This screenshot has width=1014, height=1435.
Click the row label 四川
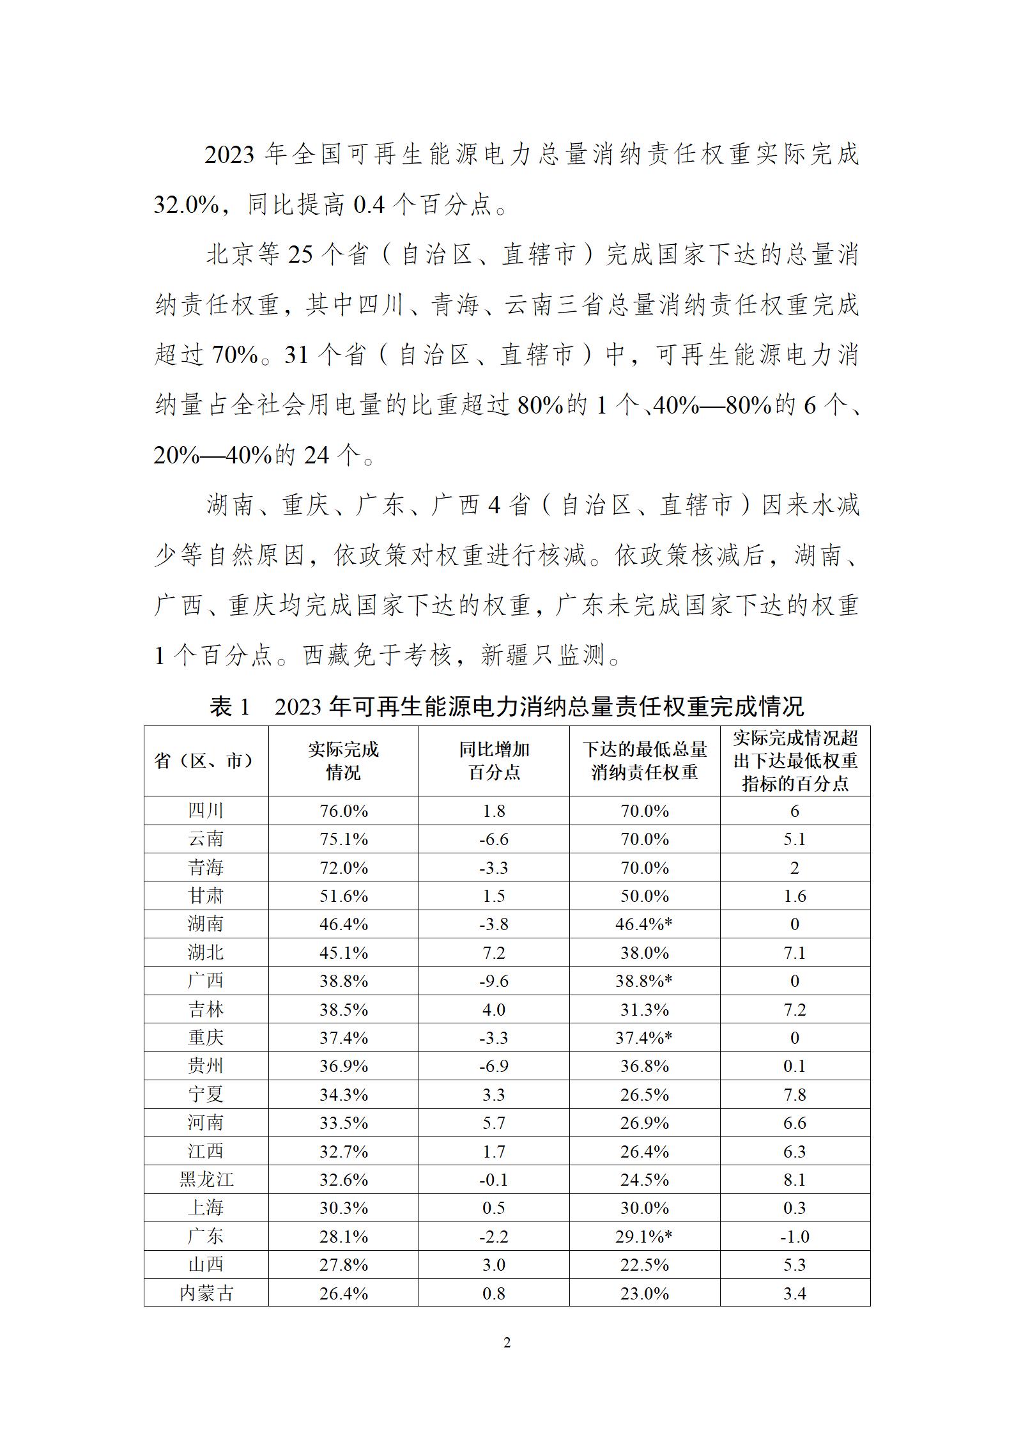pos(206,811)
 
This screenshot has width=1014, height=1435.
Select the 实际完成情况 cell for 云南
pos(344,839)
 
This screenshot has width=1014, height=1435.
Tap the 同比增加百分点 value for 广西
pos(494,981)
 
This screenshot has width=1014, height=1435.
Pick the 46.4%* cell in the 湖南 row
pos(644,924)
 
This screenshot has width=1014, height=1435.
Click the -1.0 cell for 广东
pos(794,1236)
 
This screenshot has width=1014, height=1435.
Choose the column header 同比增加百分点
pos(494,761)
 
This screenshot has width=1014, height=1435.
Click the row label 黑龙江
pos(206,1179)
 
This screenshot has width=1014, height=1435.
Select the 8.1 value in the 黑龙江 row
pos(794,1179)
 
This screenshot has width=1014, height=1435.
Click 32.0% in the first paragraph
pos(186,205)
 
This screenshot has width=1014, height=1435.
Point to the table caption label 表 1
pos(229,706)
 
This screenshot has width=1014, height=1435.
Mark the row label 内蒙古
pos(206,1293)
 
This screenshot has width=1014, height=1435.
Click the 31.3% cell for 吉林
pos(644,1009)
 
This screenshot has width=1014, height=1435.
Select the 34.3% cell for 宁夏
pos(344,1094)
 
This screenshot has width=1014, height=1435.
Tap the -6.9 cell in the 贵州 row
pos(494,1066)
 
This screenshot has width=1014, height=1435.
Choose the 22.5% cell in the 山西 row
pos(644,1264)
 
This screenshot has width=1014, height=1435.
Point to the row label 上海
pos(206,1207)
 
